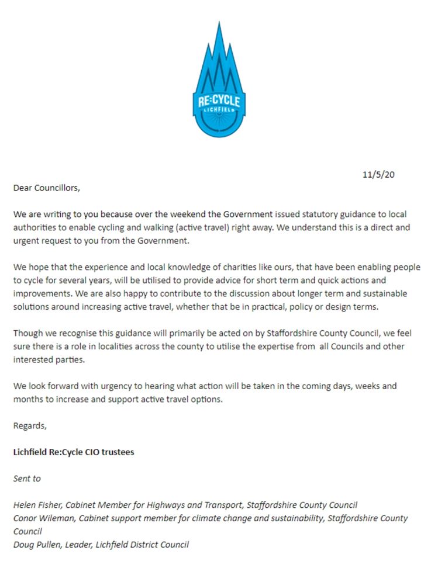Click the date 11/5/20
coord(378,174)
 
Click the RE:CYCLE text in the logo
coord(219,101)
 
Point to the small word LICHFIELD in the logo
coord(219,110)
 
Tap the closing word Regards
coord(30,425)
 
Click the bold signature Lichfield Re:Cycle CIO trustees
coord(74,452)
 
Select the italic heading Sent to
coord(27,478)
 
